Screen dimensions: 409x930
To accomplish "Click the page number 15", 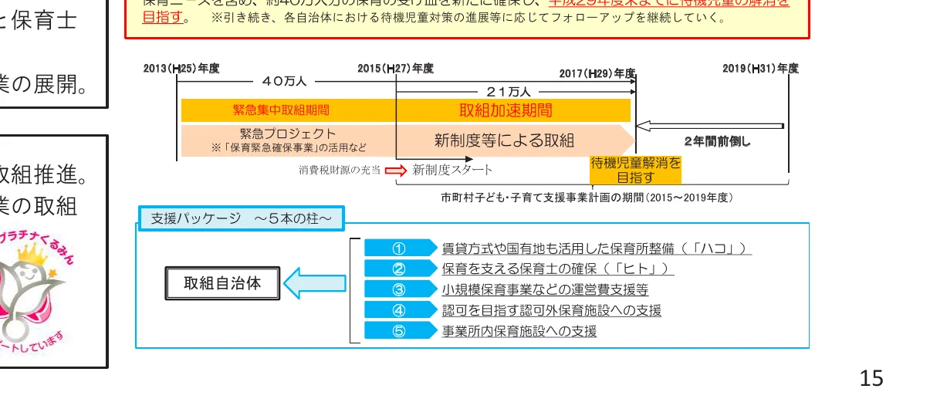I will coord(871,378).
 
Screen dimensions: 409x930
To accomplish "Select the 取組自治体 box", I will coord(222,283).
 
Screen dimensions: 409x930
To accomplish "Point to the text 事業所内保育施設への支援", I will coord(519,332).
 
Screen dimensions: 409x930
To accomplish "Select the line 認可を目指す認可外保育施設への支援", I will coord(551,311).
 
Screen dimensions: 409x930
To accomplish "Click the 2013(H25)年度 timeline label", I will coord(181,69).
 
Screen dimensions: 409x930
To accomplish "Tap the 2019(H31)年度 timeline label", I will coord(760,69).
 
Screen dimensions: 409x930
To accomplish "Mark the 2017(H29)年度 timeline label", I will coord(597,74).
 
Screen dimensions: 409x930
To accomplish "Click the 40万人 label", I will coord(284,80).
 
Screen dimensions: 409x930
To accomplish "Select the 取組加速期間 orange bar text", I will coord(506,110).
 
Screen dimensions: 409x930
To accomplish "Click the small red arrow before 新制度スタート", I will coord(394,170).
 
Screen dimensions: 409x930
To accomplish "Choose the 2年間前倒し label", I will coord(717,141).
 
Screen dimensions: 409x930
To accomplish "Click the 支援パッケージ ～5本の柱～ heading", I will coord(241,218).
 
